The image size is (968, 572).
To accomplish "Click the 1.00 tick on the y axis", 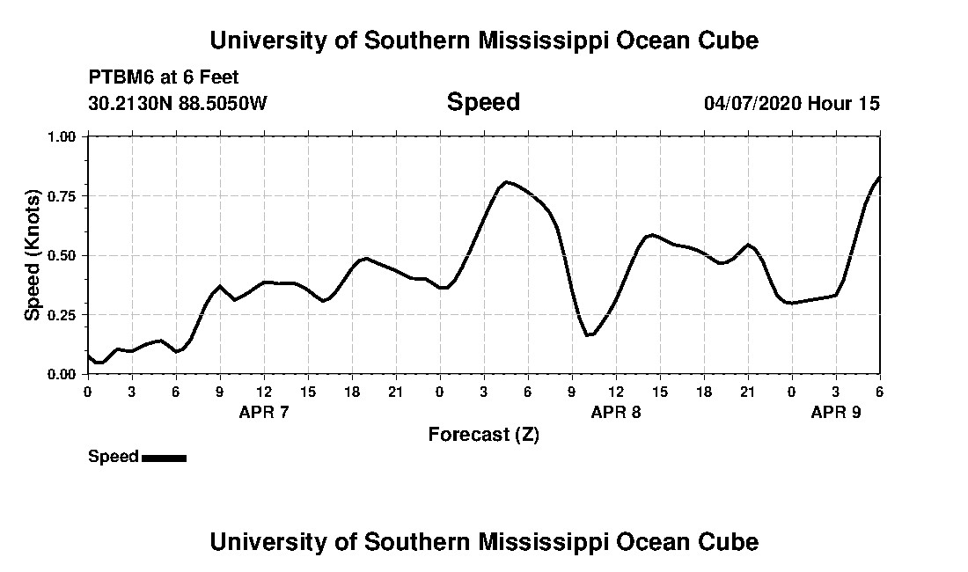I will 63,136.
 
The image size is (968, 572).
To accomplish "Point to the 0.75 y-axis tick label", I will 63,195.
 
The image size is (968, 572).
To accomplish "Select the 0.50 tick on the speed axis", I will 63,255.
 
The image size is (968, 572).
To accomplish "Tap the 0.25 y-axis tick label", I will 63,314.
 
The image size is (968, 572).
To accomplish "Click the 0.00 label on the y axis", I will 63,374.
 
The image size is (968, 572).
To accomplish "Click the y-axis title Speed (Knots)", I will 32,255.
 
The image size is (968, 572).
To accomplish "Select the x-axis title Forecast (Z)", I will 483,434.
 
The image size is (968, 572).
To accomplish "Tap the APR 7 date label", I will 264,412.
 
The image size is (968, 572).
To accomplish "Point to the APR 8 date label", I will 616,412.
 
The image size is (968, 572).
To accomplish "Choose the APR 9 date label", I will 836,412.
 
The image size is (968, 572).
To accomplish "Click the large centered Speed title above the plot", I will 483,102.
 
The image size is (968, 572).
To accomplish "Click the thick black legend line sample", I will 164,458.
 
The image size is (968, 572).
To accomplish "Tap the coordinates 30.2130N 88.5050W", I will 178,103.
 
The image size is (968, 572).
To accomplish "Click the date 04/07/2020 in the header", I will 752,103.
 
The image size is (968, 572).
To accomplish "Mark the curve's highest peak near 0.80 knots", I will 506,182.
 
